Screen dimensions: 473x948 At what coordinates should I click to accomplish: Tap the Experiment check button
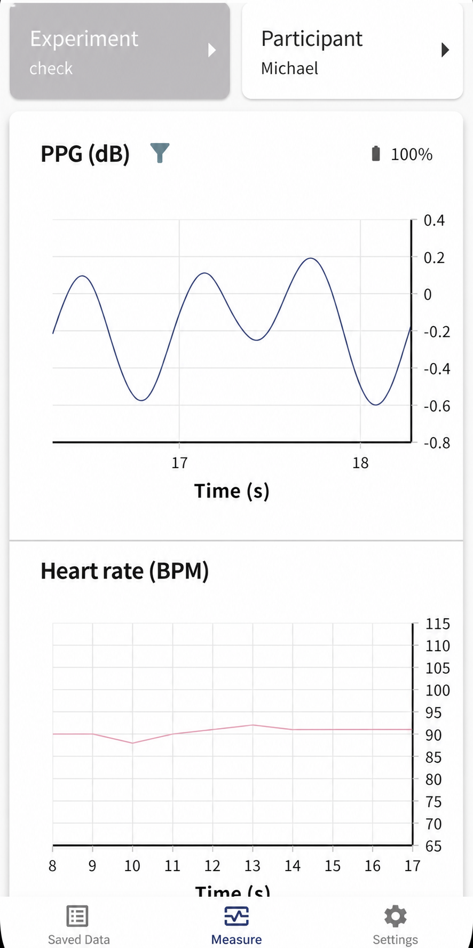(x=120, y=51)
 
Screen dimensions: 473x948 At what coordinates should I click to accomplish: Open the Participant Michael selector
(x=352, y=51)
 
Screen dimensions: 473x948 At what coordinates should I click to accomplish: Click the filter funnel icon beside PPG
(x=160, y=153)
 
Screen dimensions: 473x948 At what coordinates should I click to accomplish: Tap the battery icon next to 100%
(x=376, y=154)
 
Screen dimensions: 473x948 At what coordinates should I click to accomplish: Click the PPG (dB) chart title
(x=85, y=154)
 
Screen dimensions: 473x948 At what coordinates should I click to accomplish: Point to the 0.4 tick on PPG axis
(x=434, y=220)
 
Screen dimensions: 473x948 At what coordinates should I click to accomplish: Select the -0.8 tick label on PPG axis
(x=437, y=443)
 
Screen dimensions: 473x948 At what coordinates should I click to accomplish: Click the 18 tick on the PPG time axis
(x=360, y=463)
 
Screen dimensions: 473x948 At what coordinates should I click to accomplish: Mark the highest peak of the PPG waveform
(x=311, y=259)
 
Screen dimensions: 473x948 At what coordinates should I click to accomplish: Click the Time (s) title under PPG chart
(x=232, y=491)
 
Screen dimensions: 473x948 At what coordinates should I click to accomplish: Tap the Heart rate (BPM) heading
(x=125, y=571)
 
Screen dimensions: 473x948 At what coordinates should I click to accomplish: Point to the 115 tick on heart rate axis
(x=438, y=624)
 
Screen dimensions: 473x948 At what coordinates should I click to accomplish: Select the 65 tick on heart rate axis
(x=433, y=847)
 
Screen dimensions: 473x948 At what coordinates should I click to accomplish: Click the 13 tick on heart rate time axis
(x=253, y=866)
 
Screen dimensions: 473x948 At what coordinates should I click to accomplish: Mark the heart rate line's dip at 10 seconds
(x=132, y=743)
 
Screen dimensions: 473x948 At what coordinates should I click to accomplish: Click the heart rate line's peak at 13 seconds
(x=253, y=725)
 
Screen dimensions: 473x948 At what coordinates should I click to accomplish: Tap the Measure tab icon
(x=237, y=917)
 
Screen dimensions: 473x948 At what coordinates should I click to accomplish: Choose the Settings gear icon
(x=396, y=916)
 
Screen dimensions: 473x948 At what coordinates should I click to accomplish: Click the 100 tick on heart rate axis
(x=438, y=691)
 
